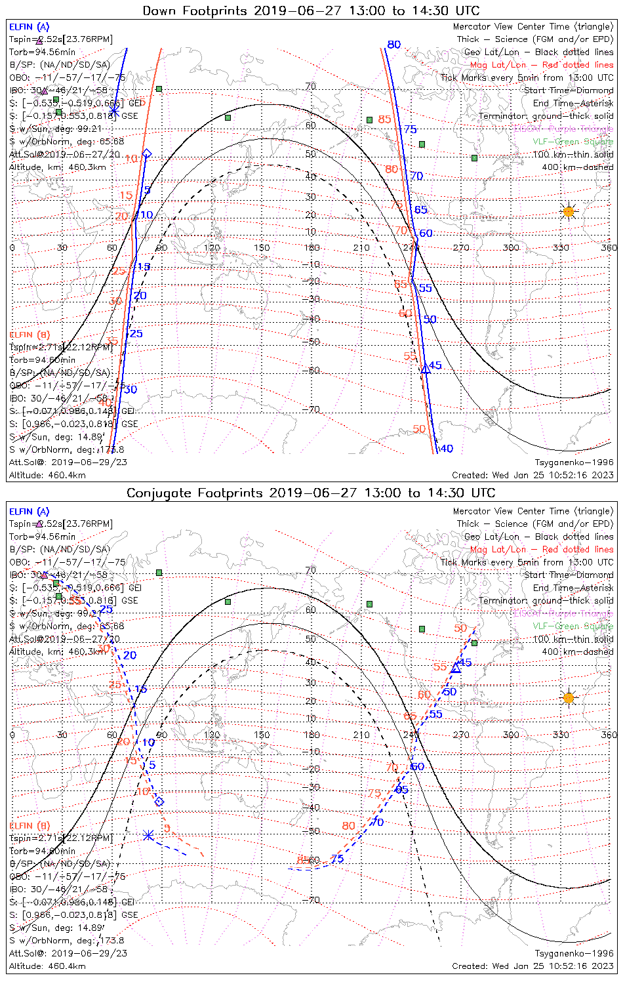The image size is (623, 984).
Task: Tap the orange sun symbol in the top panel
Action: pyautogui.click(x=569, y=211)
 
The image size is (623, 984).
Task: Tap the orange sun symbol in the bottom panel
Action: pyautogui.click(x=569, y=697)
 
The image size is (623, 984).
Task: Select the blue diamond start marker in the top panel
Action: pyautogui.click(x=147, y=154)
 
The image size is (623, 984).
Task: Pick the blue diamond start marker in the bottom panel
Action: pyautogui.click(x=159, y=802)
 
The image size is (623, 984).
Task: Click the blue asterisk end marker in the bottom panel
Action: pyautogui.click(x=148, y=835)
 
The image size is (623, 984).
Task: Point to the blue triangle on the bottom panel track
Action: pyautogui.click(x=456, y=668)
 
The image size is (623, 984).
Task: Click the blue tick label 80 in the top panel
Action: pyautogui.click(x=393, y=45)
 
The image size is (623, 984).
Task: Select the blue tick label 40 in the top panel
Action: pyautogui.click(x=446, y=449)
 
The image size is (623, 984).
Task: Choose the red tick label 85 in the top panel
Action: pyautogui.click(x=384, y=119)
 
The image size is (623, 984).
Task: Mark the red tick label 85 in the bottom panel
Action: pyautogui.click(x=303, y=859)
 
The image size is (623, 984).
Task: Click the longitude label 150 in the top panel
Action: pyautogui.click(x=262, y=248)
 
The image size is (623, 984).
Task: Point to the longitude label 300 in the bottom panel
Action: pyautogui.click(x=511, y=735)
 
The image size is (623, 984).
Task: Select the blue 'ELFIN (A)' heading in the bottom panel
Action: pyautogui.click(x=29, y=512)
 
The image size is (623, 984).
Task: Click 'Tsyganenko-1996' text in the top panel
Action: pyautogui.click(x=574, y=462)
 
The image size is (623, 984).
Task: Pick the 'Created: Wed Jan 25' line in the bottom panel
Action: pyautogui.click(x=533, y=966)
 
